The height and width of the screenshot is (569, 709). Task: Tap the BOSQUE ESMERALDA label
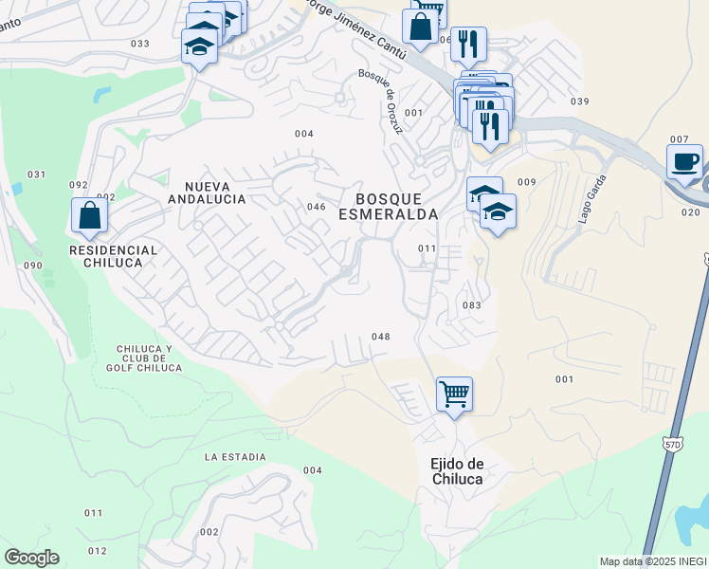pyautogui.click(x=396, y=207)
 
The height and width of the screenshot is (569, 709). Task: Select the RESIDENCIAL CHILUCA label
pyautogui.click(x=113, y=256)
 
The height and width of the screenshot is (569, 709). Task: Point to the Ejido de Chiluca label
pyautogui.click(x=458, y=471)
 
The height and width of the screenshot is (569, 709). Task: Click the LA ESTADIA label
pyautogui.click(x=235, y=457)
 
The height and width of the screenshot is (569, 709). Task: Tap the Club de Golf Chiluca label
pyautogui.click(x=144, y=358)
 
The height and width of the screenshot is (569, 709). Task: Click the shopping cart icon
pyautogui.click(x=454, y=392)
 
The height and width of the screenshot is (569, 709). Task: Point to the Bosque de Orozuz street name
pyautogui.click(x=389, y=101)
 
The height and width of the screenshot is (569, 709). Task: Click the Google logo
pyautogui.click(x=31, y=558)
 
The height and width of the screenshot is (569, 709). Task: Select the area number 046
pyautogui.click(x=317, y=207)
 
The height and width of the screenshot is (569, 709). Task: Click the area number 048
pyautogui.click(x=381, y=337)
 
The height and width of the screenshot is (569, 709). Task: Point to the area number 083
pyautogui.click(x=472, y=305)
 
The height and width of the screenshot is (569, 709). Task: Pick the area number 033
pyautogui.click(x=140, y=44)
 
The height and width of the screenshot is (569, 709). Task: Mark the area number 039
pyautogui.click(x=580, y=101)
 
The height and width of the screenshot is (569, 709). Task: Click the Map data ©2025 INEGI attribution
pyautogui.click(x=653, y=561)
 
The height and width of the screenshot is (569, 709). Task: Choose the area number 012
pyautogui.click(x=97, y=551)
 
